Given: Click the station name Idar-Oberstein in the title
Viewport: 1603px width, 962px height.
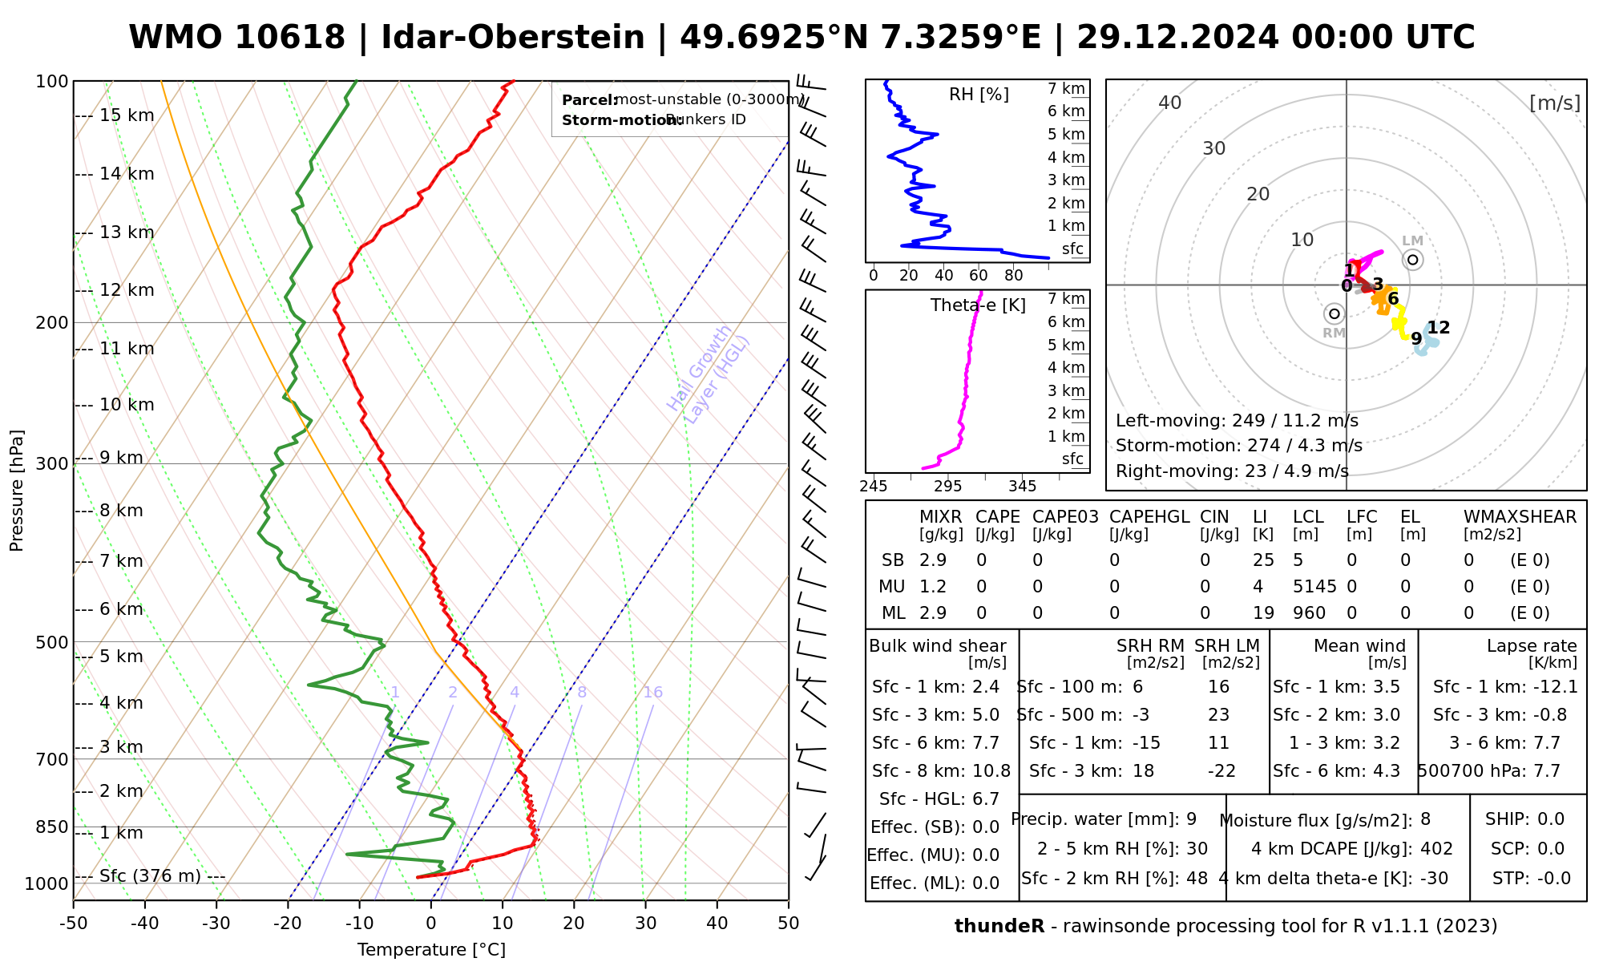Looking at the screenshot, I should coord(513,38).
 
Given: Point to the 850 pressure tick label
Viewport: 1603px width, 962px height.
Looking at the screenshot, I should coord(52,827).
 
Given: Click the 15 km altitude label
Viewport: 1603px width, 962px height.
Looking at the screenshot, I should coord(127,115).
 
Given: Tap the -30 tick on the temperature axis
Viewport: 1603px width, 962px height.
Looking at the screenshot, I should coord(216,924).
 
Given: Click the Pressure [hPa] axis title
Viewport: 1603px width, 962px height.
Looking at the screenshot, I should coord(17,491).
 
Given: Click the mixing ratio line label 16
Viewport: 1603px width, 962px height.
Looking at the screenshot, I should coord(652,693).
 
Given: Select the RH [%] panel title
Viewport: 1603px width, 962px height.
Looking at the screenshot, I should coord(979,95).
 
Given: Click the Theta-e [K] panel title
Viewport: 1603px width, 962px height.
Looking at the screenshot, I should coord(978,305).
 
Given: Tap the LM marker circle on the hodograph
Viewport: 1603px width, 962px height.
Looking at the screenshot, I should coord(1412,260).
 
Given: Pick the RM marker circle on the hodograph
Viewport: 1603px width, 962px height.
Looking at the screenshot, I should coord(1334,313).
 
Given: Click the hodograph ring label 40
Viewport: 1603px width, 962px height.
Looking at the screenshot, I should coord(1170,103).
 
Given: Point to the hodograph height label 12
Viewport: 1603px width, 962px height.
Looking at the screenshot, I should coord(1439,327).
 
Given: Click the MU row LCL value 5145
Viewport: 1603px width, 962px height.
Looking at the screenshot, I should coord(1314,587).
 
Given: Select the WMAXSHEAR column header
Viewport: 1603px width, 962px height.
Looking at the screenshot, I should coord(1520,517).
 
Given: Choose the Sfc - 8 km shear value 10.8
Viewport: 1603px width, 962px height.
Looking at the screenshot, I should coord(991,771).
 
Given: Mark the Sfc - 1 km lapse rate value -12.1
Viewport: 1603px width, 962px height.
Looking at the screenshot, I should coord(1555,687).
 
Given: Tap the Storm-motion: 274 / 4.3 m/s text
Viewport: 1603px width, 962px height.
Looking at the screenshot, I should coord(1238,446).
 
